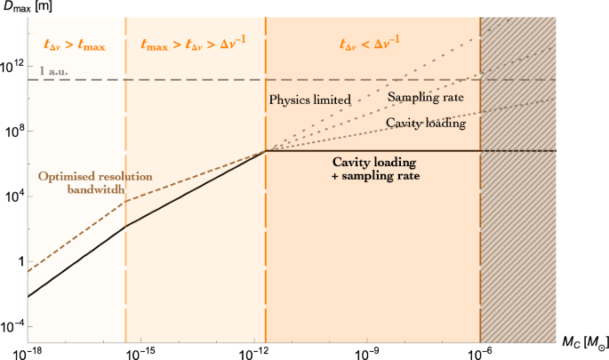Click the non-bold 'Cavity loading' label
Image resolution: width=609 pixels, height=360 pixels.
pos(425,124)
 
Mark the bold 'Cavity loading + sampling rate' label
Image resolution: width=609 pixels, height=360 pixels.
pos(376,170)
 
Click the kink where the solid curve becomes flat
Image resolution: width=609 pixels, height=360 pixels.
pos(266,151)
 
